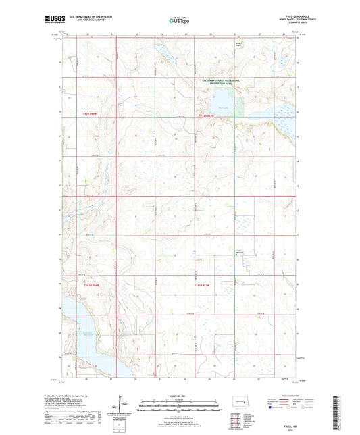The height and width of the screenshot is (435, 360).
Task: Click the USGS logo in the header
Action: click(x=70, y=21)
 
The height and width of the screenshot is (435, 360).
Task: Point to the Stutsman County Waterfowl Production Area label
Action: click(x=220, y=82)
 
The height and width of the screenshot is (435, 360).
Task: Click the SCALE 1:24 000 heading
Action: click(x=180, y=396)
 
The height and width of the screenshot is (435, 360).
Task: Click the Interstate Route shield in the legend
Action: click(x=271, y=408)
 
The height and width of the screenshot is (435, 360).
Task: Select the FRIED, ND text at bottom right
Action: click(x=285, y=424)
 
